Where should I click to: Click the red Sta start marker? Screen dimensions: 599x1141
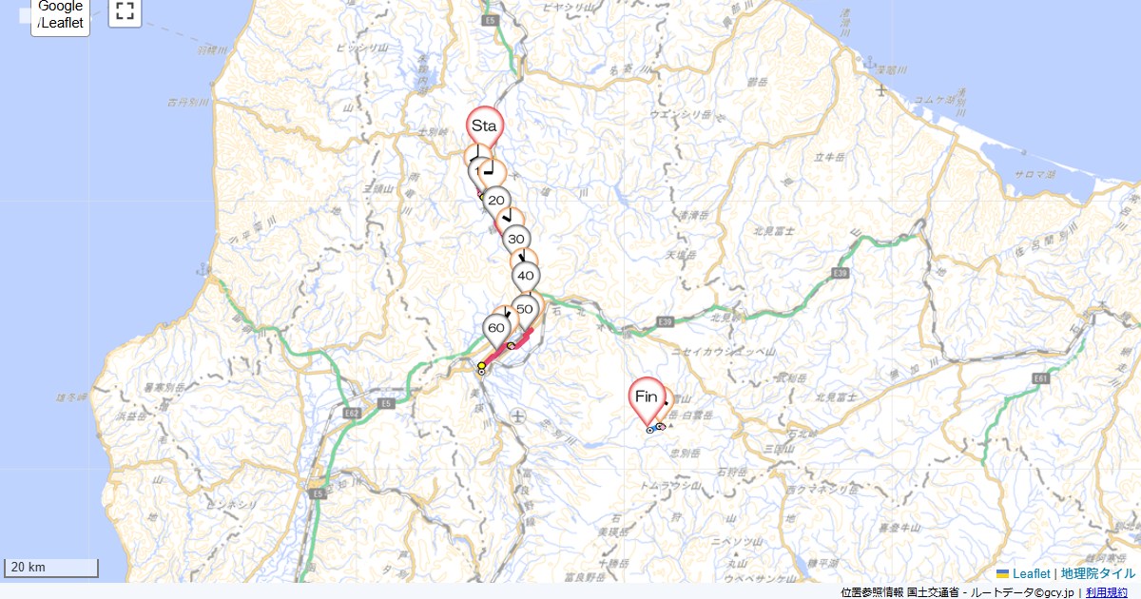pos(485,126)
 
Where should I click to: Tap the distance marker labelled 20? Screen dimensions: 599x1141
pos(495,201)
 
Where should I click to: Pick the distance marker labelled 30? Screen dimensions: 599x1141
pos(516,240)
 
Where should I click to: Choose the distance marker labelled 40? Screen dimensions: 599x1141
pos(525,277)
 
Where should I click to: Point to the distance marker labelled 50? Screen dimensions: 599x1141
pos(524,309)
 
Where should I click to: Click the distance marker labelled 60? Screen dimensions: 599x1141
pos(496,328)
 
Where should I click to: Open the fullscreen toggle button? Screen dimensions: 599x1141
pos(125,11)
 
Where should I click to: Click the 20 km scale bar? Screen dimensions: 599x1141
pos(51,568)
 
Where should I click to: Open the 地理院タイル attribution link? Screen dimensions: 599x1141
pos(1097,573)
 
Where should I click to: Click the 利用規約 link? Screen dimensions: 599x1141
pos(1106,592)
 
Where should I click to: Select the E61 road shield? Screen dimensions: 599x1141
pos(1041,378)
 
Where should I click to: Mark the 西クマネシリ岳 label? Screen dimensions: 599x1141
pos(818,490)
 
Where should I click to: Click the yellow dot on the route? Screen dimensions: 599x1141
pos(482,365)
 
